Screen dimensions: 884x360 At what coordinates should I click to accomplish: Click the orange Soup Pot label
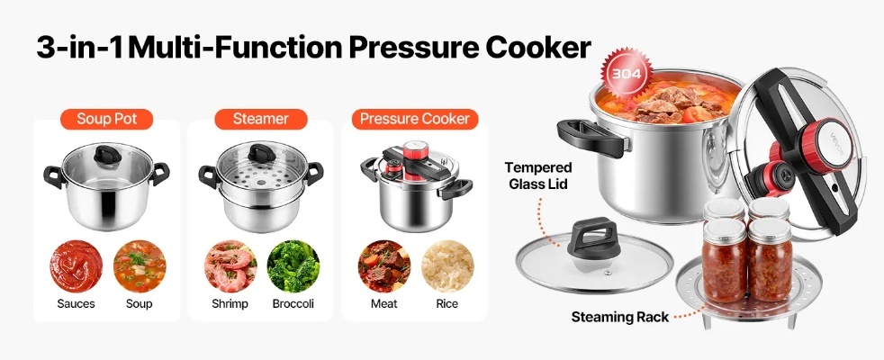click(106, 119)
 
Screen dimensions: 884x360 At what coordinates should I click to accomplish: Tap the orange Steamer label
click(260, 119)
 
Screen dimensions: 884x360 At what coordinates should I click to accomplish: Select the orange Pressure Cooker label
click(415, 119)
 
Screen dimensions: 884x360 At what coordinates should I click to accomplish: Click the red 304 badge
click(626, 74)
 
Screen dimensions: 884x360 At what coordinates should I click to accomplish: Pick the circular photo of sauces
click(77, 266)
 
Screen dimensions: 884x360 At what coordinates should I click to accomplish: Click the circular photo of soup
click(140, 266)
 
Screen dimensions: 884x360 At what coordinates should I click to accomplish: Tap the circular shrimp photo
click(230, 266)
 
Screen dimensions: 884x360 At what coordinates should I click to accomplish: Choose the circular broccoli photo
click(293, 266)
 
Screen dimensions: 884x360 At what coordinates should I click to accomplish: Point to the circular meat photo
click(384, 266)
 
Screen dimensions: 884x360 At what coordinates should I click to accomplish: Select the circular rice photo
click(447, 266)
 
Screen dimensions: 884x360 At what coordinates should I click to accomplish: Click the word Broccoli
click(293, 304)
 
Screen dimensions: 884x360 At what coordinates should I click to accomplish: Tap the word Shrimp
click(230, 304)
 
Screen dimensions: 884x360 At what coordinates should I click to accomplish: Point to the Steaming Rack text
click(619, 317)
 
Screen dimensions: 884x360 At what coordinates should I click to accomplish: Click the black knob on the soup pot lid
click(106, 155)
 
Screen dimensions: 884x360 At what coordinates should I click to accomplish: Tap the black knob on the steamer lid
click(260, 153)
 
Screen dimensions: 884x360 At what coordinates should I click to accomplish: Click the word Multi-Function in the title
click(236, 48)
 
